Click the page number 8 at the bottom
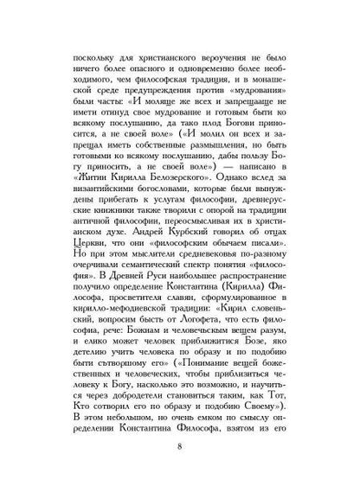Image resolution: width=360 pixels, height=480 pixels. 180,447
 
